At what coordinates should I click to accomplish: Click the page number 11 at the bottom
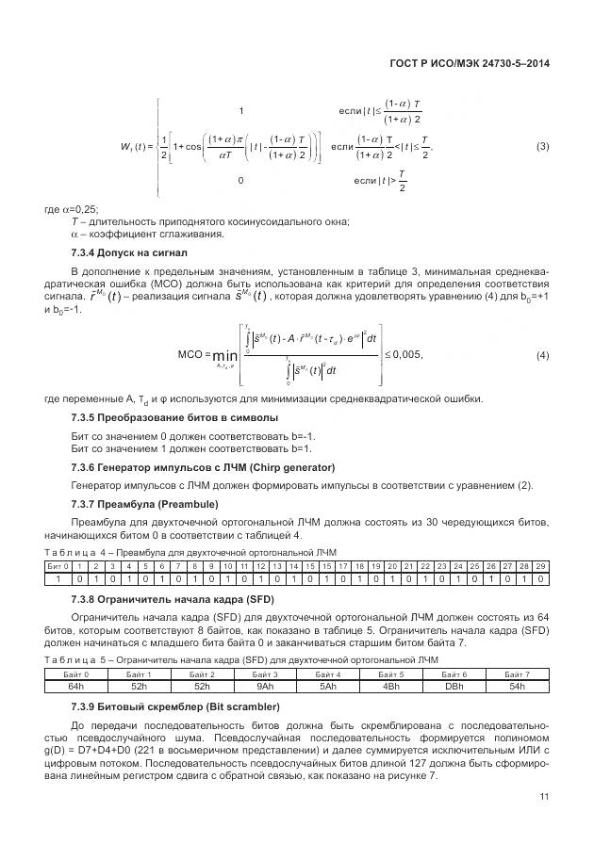pyautogui.click(x=544, y=797)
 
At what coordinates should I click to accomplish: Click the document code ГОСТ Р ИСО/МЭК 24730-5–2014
pyautogui.click(x=469, y=64)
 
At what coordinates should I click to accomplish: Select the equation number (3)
pyautogui.click(x=542, y=146)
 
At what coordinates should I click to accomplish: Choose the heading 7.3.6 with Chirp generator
pyautogui.click(x=190, y=468)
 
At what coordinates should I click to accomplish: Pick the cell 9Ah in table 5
pyautogui.click(x=265, y=687)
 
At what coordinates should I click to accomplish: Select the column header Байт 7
pyautogui.click(x=517, y=675)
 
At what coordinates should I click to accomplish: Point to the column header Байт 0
pyautogui.click(x=75, y=675)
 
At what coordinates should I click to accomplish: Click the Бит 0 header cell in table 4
pyautogui.click(x=58, y=565)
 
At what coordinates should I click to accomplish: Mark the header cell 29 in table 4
pyautogui.click(x=540, y=565)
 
